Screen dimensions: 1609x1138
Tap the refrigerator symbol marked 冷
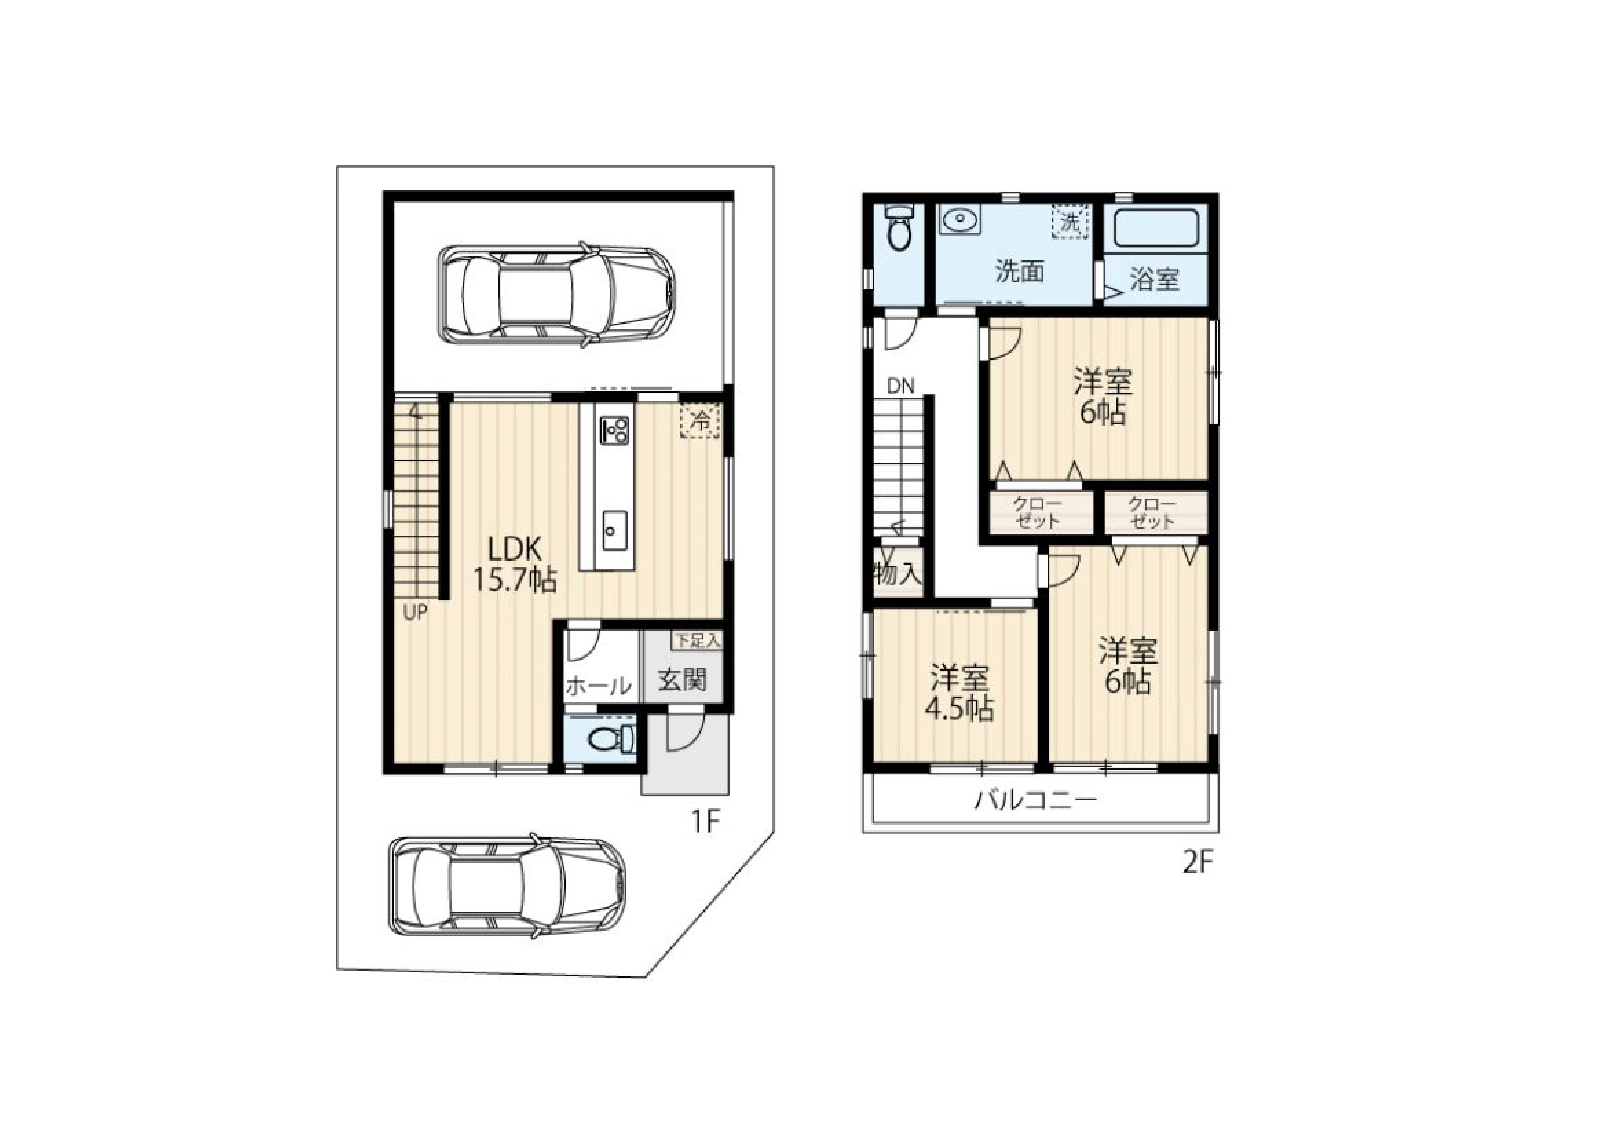point(700,421)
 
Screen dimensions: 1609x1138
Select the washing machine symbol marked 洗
point(1069,222)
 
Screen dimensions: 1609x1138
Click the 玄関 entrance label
point(682,679)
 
